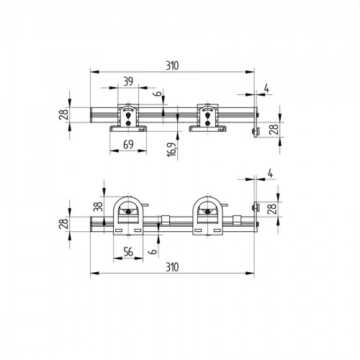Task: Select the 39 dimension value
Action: [x=128, y=81]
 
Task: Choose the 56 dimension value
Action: [x=128, y=251]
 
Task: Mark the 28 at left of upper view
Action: [x=64, y=114]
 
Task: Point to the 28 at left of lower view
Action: [x=64, y=224]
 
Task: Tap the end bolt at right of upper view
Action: [x=256, y=130]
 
